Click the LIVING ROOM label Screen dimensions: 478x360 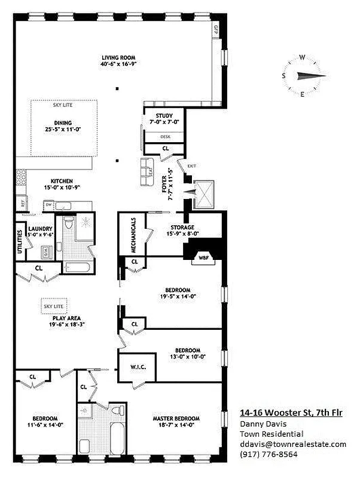point(117,59)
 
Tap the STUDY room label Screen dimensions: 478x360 point(164,116)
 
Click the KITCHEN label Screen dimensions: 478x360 point(62,181)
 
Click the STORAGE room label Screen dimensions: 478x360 point(182,228)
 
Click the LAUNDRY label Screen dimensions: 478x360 point(41,229)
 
